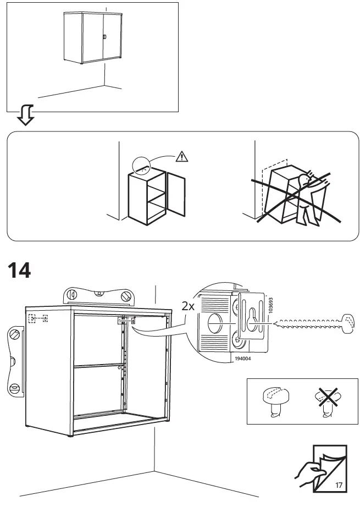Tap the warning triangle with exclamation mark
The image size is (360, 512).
coord(181,157)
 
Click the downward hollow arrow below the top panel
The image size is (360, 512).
coord(25,114)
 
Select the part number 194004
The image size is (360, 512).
coord(240,358)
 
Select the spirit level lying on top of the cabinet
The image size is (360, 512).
coord(98,296)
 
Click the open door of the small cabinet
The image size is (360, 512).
coord(176,195)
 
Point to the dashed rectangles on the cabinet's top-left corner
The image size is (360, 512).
coord(38,318)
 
